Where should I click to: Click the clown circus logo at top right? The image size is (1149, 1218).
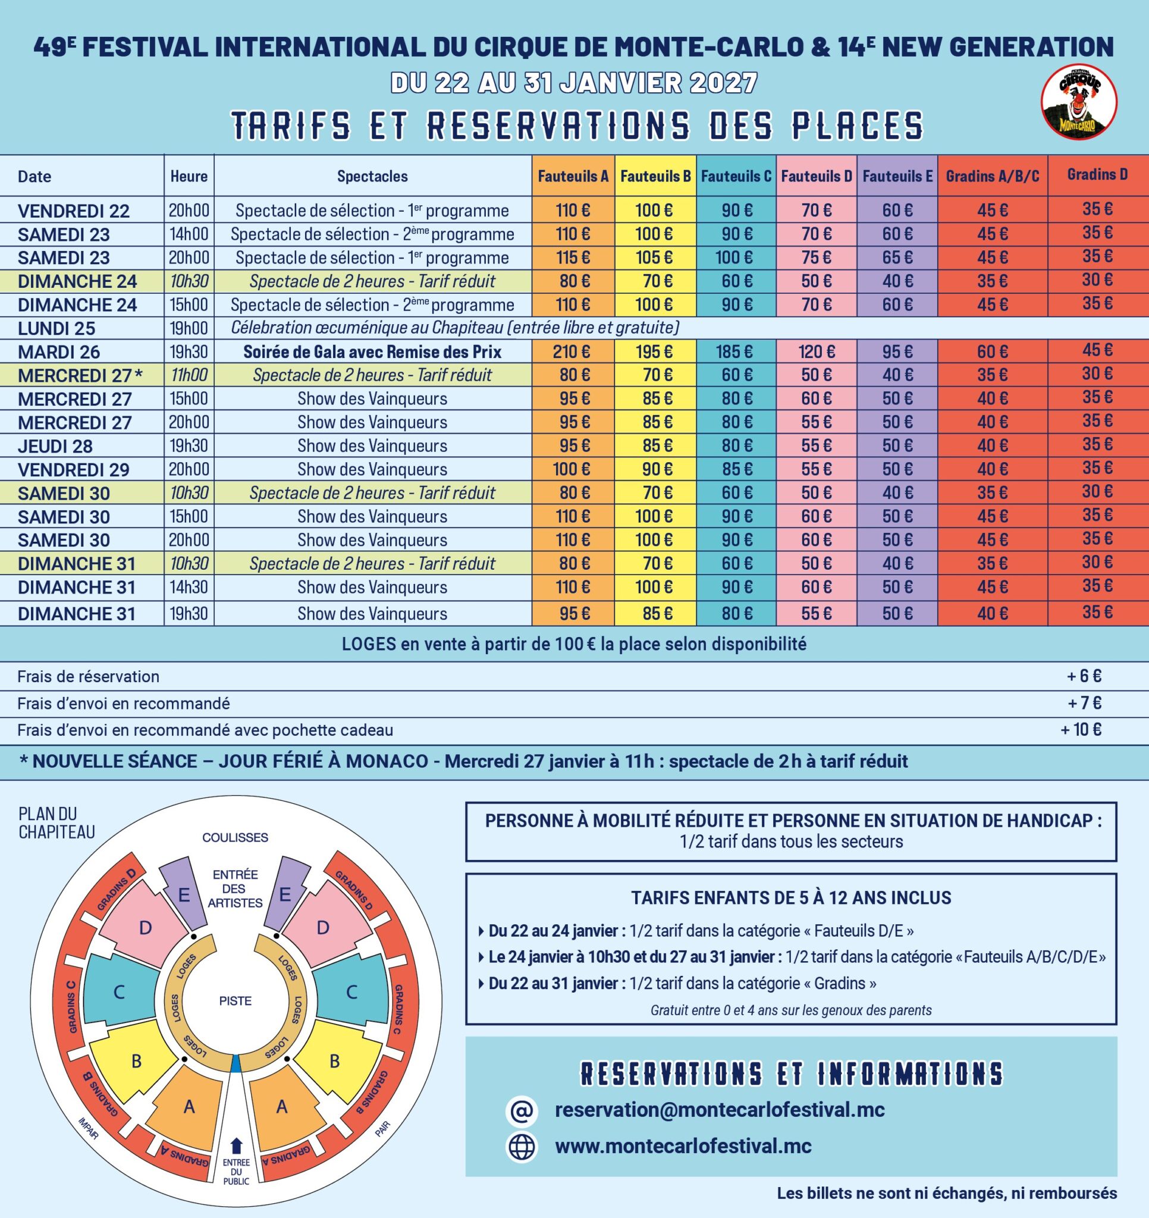point(1079,102)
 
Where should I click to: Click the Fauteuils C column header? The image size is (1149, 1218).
point(735,177)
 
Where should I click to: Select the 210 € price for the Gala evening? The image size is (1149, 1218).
point(572,351)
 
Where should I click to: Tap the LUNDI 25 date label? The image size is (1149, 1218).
point(56,328)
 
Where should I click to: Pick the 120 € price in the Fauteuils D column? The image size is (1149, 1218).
point(816,351)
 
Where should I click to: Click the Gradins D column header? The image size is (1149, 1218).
point(1097,175)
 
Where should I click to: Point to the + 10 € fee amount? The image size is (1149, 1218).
point(1081,730)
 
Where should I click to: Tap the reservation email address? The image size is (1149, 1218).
point(720,1110)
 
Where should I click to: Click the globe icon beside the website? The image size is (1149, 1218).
point(522,1146)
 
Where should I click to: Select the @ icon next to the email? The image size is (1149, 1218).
point(522,1111)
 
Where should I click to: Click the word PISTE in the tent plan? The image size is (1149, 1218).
point(236,1000)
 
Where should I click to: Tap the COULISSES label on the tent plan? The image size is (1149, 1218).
point(236,837)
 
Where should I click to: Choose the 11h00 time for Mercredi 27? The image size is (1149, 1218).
point(189,375)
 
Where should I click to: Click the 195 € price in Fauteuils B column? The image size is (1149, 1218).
point(654,351)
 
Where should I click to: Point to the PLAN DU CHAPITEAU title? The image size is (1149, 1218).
point(56,823)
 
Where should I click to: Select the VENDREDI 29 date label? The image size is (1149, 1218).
point(74,470)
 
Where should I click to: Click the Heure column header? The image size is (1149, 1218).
point(189,177)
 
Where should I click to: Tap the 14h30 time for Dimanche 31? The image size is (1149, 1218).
point(189,587)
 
